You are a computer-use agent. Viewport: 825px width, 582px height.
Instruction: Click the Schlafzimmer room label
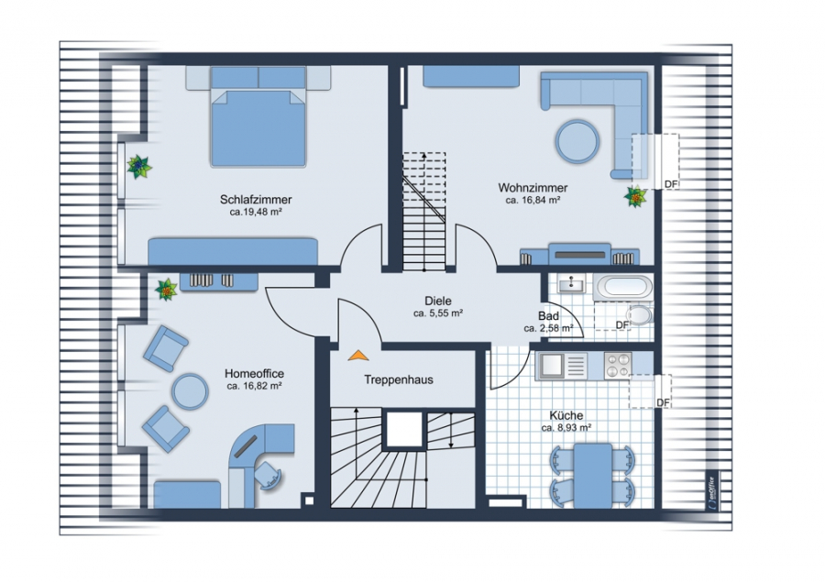click(x=256, y=200)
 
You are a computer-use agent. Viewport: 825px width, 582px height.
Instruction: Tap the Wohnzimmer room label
click(x=533, y=187)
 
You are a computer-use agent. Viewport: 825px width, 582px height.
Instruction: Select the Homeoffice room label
click(x=254, y=374)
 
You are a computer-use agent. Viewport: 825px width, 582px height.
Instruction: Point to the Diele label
click(x=438, y=301)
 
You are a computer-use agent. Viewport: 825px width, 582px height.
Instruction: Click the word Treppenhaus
click(x=399, y=379)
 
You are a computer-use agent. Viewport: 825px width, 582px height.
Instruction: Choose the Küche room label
click(x=566, y=415)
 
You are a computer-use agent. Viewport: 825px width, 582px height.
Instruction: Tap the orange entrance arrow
click(x=358, y=356)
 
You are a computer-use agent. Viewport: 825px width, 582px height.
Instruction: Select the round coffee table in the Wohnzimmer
click(x=577, y=141)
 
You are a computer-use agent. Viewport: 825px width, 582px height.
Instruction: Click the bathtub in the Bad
click(x=623, y=287)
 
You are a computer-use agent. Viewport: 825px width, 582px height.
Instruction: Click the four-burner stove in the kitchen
click(x=617, y=365)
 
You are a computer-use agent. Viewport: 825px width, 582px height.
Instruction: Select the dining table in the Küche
click(x=593, y=476)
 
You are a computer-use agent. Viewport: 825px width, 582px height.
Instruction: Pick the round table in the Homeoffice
click(x=190, y=391)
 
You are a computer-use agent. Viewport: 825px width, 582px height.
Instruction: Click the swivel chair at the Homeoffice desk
click(x=269, y=476)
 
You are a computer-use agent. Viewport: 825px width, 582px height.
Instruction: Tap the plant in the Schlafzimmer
click(x=139, y=167)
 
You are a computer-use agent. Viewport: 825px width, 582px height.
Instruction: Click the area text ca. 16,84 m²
click(x=533, y=200)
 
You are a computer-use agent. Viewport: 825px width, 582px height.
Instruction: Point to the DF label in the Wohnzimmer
click(x=671, y=184)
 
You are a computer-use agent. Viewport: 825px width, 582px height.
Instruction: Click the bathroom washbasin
click(x=571, y=284)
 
